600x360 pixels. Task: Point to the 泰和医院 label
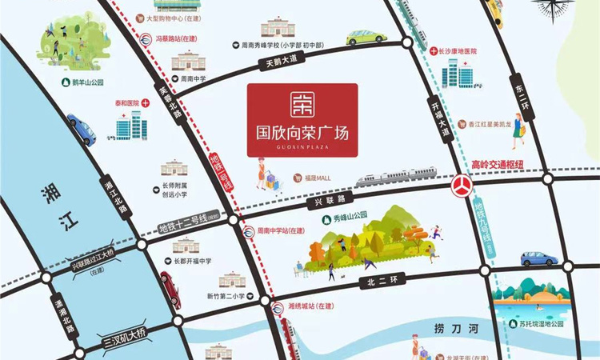(126, 103)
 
